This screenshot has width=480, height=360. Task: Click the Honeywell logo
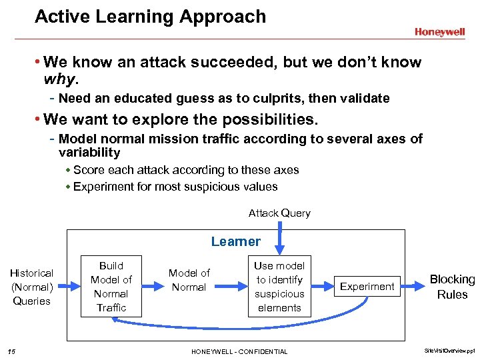point(439,32)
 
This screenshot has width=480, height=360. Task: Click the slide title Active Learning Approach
point(150,17)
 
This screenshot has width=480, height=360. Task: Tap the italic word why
point(61,80)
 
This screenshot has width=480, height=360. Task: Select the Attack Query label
point(279,213)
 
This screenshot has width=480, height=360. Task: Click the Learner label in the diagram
point(236,241)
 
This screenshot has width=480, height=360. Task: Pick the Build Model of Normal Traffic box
point(111,286)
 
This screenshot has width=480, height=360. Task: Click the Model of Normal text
point(189,280)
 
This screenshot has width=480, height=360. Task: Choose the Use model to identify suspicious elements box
point(279,287)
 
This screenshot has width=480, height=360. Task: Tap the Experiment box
point(367,287)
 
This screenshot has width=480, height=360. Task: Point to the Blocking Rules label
point(452,287)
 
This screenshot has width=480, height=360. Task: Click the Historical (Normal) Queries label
point(31,287)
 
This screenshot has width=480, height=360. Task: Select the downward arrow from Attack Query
point(281,235)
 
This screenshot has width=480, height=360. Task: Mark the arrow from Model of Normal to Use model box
point(230,287)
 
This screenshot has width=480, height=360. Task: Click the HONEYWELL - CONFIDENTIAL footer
point(239,351)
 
